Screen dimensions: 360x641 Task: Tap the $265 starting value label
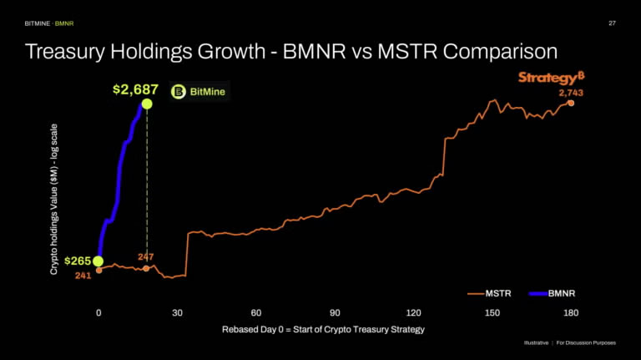pyautogui.click(x=78, y=261)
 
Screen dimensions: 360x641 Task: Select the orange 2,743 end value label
pyautogui.click(x=572, y=93)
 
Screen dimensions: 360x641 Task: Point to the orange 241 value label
pyautogui.click(x=83, y=276)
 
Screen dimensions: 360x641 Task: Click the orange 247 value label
pyautogui.click(x=146, y=257)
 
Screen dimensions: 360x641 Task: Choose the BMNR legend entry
pyautogui.click(x=558, y=293)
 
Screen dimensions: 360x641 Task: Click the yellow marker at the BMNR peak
pyautogui.click(x=147, y=104)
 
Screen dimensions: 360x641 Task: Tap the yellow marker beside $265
pyautogui.click(x=98, y=261)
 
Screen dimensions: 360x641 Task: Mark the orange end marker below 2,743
pyautogui.click(x=571, y=103)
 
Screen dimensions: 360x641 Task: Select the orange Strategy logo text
pyautogui.click(x=546, y=77)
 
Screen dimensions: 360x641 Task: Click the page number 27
pyautogui.click(x=612, y=23)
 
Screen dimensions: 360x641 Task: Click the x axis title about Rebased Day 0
pyautogui.click(x=323, y=329)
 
